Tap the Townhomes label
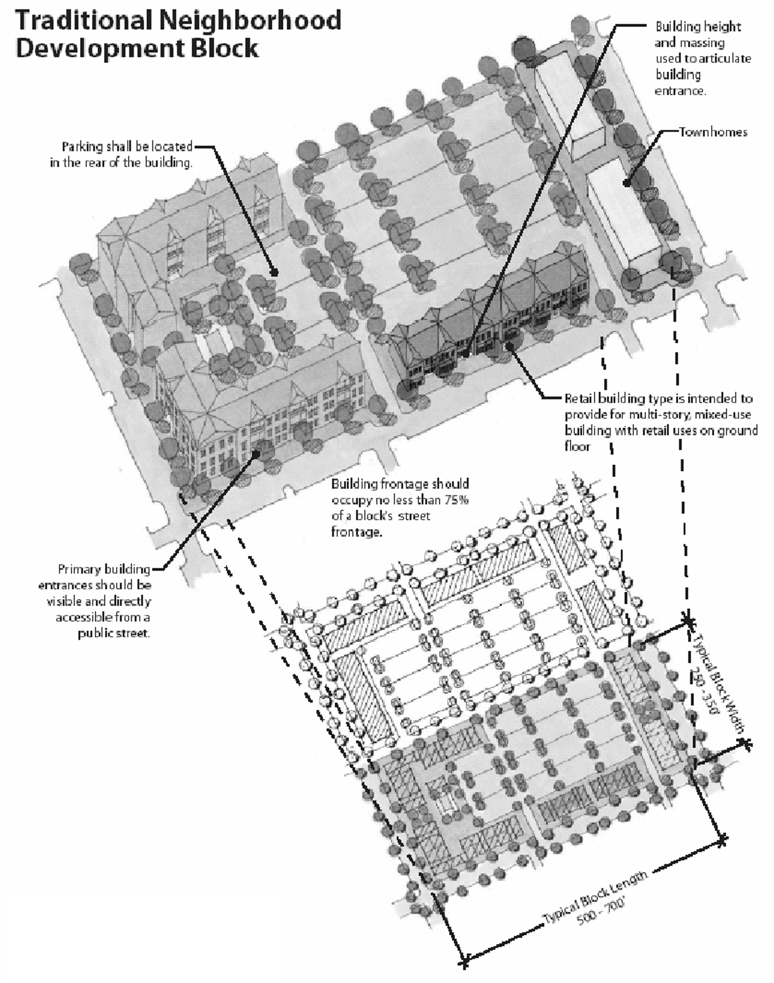(713, 132)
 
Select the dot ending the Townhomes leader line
(627, 183)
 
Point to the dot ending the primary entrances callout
(256, 454)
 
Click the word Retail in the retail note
(580, 399)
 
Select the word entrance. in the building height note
(680, 91)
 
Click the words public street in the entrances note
(114, 633)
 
